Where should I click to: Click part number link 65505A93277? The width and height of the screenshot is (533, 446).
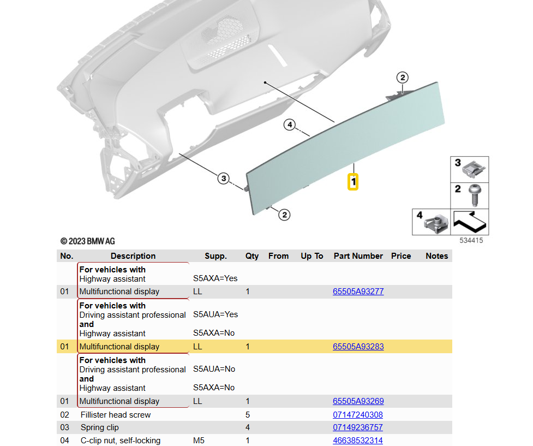(x=358, y=292)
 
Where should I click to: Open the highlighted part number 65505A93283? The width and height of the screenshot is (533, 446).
(x=358, y=347)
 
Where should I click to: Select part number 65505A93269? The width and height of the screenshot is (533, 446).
(x=358, y=401)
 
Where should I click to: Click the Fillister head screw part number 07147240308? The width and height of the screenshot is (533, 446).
(x=358, y=415)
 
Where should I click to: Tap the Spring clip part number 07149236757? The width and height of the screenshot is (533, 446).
(x=358, y=427)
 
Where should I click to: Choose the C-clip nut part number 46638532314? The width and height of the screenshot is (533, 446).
(x=358, y=441)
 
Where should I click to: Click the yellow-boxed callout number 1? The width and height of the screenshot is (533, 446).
(x=354, y=182)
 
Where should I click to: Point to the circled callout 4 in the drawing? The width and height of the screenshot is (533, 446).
(x=290, y=125)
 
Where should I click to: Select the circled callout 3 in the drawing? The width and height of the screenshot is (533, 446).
(x=223, y=178)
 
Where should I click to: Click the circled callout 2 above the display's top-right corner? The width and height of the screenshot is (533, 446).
(x=402, y=78)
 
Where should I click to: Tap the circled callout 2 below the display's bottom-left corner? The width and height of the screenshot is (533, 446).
(x=284, y=215)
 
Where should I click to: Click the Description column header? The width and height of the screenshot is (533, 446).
(x=133, y=256)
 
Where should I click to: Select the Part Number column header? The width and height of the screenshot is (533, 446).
(x=358, y=256)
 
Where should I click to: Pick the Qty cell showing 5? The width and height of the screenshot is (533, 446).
(x=248, y=415)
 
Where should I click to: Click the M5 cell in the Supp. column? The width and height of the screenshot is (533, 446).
(x=199, y=441)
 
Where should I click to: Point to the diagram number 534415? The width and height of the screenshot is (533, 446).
(x=471, y=240)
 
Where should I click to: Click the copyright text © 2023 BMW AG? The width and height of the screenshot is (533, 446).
(x=88, y=241)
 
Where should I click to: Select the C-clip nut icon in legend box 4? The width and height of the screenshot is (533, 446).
(x=436, y=223)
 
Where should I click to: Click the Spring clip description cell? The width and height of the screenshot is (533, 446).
(x=100, y=427)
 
